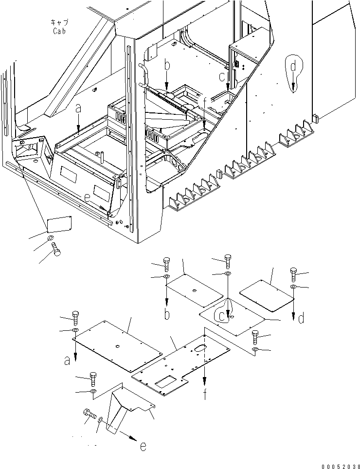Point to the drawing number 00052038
[339, 464]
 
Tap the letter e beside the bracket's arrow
[143, 445]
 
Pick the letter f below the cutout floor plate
[205, 394]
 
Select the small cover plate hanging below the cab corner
[59, 224]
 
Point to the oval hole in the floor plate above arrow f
[200, 347]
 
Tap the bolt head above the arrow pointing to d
[293, 273]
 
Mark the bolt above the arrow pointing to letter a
[76, 317]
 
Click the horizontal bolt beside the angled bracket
[89, 415]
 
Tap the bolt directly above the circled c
[228, 261]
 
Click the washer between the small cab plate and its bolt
[51, 238]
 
